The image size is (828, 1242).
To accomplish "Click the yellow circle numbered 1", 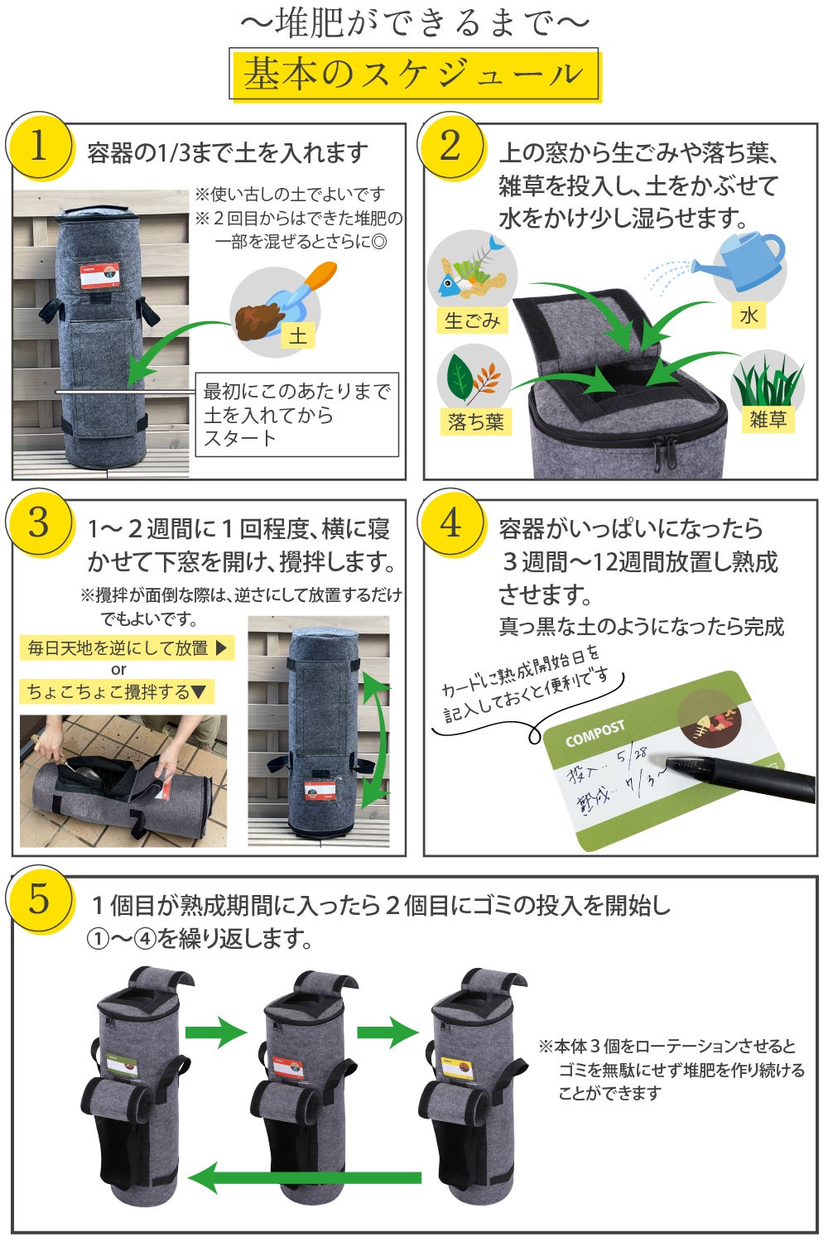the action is pos(39,146).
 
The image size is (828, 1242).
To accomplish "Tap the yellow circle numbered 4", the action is pos(451,523).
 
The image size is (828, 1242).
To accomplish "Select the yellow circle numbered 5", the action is pos(39,898).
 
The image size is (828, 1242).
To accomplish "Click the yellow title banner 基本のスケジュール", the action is pos(416,75).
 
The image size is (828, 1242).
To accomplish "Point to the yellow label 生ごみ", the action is pos(473,320).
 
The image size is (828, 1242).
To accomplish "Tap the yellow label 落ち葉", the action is pos(476,422).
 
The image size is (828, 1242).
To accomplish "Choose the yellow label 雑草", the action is pos(768,419).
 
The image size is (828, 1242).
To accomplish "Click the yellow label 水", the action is pos(749,315).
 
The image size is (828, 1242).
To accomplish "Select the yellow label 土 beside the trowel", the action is pos(298,335).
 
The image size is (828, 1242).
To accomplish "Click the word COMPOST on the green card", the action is pos(595,734).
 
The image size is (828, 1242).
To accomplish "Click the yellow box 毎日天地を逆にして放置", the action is pos(127,647).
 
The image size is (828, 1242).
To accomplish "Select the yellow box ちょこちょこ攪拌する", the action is pos(117,691).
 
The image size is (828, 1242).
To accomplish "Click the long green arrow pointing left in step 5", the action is pos(305,1178).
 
